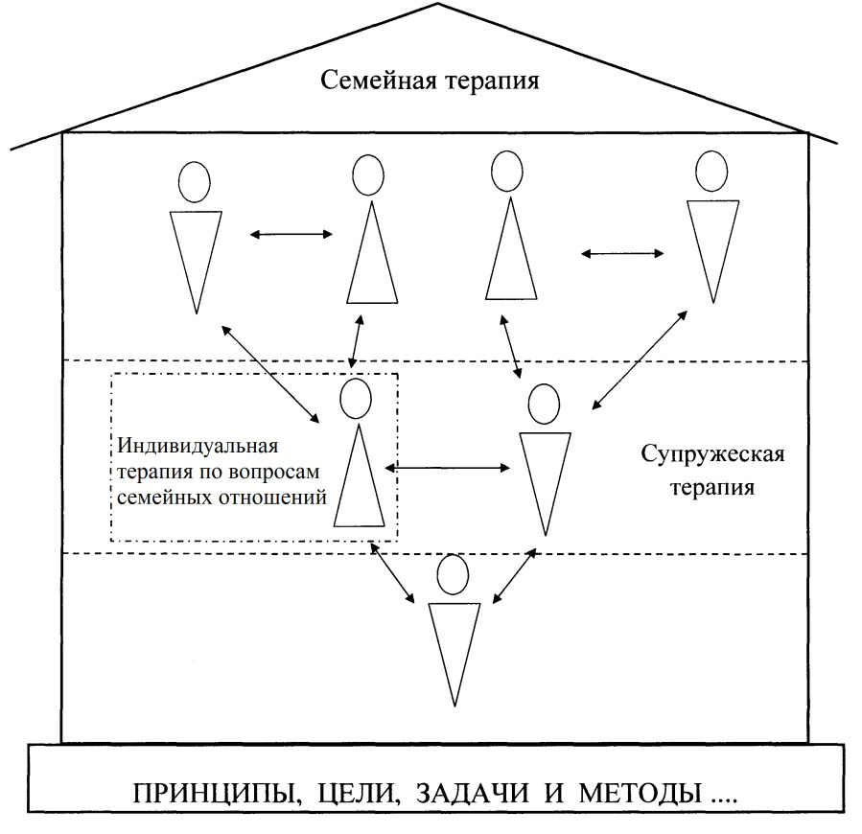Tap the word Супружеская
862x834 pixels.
pos(712,455)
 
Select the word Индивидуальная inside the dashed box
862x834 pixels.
pos(198,446)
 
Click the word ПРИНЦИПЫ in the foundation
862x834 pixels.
pos(217,794)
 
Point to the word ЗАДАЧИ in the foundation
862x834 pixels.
pos(473,794)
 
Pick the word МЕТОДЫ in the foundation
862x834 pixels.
pos(641,794)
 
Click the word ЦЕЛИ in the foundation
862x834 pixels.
pos(358,794)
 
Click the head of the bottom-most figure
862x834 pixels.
pos(453,574)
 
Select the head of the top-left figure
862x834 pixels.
pos(194,182)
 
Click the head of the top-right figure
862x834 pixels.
pos(711,171)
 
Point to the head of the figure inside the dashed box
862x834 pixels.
pos(356,398)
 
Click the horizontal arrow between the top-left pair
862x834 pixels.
pos(291,234)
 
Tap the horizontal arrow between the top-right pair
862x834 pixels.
pos(622,253)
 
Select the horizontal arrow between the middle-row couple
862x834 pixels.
pos(448,468)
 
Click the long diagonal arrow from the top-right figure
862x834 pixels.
pos(640,360)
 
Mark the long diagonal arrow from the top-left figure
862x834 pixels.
pos(270,374)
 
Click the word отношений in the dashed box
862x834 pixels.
pos(272,498)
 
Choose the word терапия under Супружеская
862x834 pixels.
pos(711,488)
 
